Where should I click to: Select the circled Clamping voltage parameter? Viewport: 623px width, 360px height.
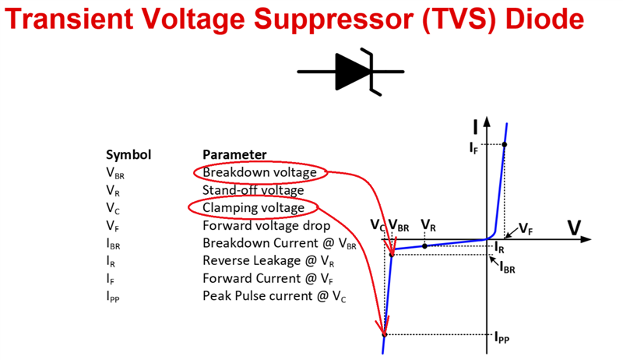click(x=253, y=208)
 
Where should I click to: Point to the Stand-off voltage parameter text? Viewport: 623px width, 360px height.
click(x=253, y=190)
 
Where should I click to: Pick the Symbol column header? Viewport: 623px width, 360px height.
click(x=128, y=154)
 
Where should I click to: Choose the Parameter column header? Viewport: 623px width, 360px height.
click(x=234, y=154)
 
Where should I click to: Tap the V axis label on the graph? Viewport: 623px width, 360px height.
click(x=574, y=228)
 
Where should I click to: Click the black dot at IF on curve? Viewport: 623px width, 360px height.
click(x=504, y=144)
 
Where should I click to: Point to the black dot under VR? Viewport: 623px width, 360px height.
click(x=424, y=246)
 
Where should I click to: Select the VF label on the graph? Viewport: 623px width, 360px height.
click(x=526, y=231)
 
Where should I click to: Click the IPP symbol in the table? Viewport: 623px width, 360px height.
click(x=114, y=297)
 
